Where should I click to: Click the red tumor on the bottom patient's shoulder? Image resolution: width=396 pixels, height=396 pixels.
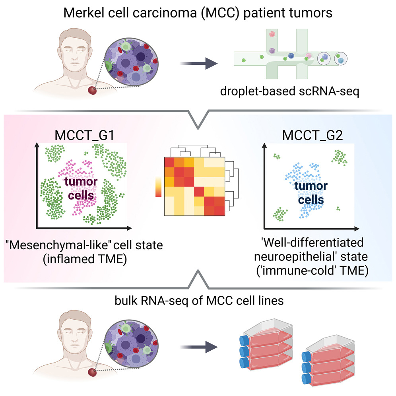(92, 373)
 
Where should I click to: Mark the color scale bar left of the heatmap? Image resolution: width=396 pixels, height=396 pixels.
(158, 187)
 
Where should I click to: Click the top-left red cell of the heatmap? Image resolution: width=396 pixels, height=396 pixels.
(169, 163)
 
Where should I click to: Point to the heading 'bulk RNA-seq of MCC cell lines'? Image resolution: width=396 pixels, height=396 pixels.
(198, 301)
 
